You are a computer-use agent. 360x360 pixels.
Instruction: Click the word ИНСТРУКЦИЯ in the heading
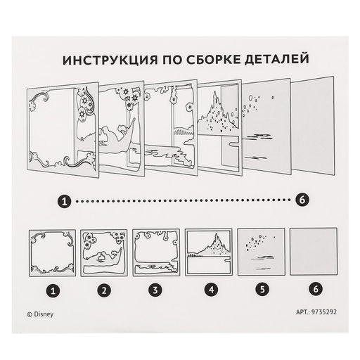pos(110,60)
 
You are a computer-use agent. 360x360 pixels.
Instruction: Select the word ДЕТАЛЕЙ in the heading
pos(277,59)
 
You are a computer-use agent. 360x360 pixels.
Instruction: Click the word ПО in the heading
pos(172,60)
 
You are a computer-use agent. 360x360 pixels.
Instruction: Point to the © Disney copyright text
pos(40,314)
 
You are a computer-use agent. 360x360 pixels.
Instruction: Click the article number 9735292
pos(324,312)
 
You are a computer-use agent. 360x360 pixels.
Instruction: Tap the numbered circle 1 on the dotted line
pos(64,201)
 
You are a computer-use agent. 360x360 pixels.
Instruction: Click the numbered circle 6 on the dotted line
pos(302,200)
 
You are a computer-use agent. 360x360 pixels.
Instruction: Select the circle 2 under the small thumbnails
pos(104,290)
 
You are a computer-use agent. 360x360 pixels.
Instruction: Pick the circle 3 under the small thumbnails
pos(155,290)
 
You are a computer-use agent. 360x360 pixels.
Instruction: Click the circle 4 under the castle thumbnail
pos(211,290)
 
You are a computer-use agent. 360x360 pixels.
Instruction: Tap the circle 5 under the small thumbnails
pos(262,289)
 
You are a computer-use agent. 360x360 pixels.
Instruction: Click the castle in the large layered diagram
pos(217,112)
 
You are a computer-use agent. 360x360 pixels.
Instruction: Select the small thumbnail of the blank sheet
pos(314,251)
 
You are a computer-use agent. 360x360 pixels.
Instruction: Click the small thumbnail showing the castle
pos(209,252)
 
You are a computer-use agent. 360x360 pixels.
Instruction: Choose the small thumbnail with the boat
pos(104,253)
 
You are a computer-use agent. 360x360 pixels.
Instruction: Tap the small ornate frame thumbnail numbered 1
pos(52,253)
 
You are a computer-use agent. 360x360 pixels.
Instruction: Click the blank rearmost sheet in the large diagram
pos(312,126)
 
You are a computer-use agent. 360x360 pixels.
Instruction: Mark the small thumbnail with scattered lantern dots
pos(262,252)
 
